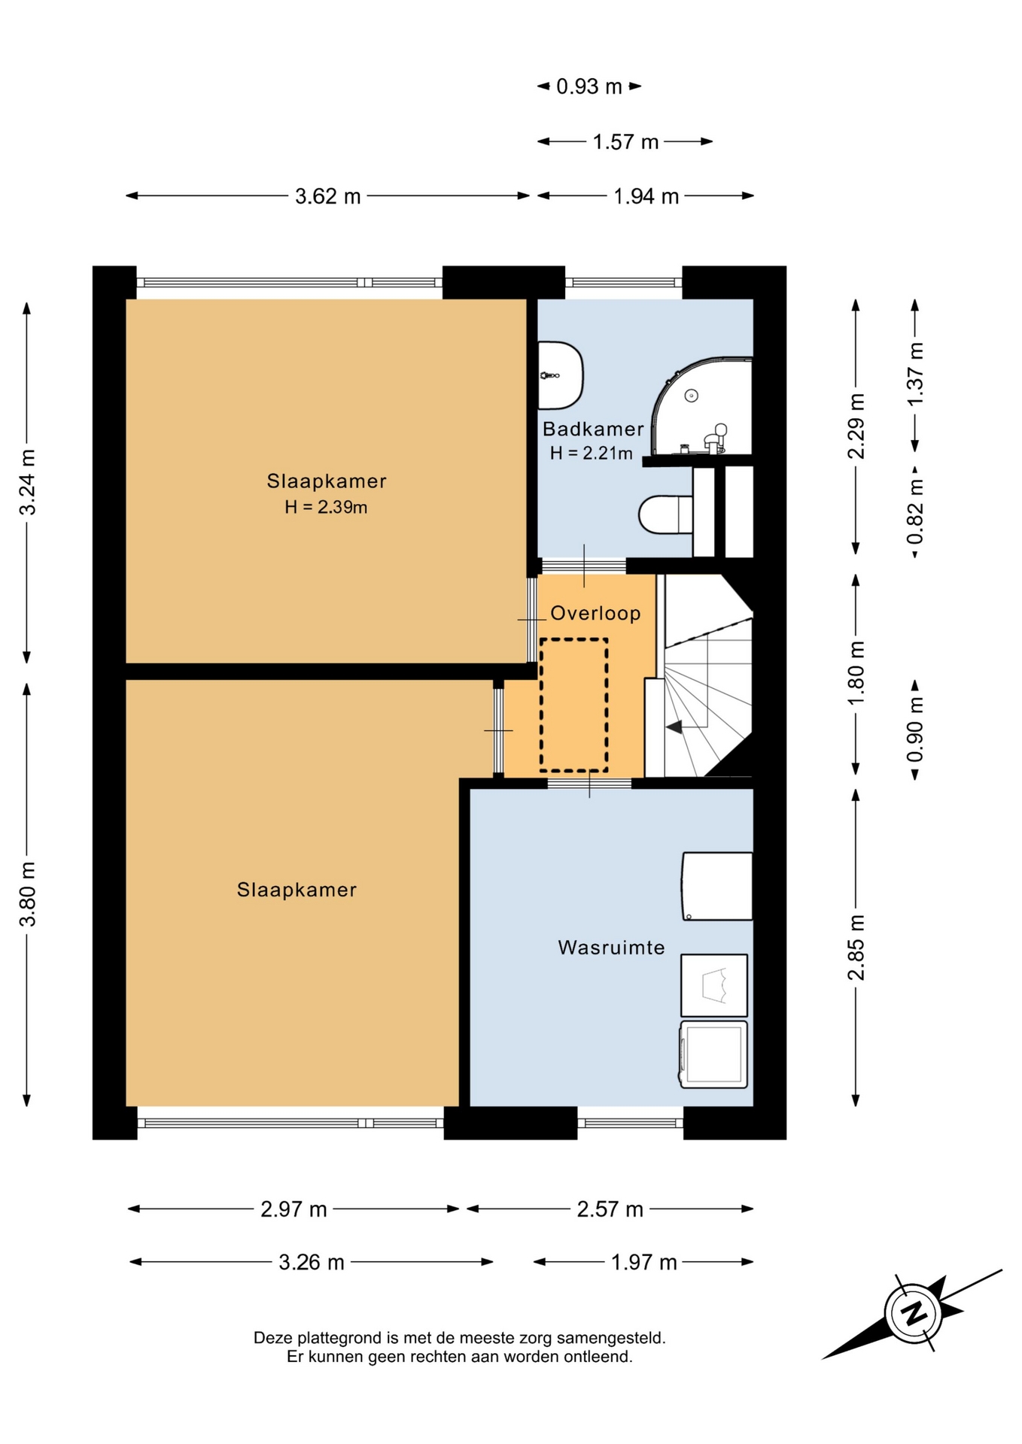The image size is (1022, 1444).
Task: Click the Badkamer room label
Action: pos(593,429)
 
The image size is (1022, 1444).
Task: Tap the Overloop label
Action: pos(595,614)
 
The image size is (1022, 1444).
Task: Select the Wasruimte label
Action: pos(611,948)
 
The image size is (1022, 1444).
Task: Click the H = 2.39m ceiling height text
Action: pos(326,508)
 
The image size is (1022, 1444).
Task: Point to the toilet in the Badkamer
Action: pos(666,515)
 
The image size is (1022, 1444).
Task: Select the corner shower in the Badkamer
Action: pos(702,406)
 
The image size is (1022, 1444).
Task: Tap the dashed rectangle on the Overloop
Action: pos(573,705)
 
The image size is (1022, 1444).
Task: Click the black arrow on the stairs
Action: pos(674,727)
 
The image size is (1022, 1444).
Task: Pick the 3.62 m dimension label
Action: pos(327,197)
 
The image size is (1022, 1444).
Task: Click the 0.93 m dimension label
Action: pos(589,87)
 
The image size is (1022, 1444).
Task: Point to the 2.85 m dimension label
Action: pos(856,948)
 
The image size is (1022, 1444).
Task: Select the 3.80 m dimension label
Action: pos(28,895)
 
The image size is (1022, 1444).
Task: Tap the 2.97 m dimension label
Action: pos(294,1209)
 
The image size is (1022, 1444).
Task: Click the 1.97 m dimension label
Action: pos(643,1262)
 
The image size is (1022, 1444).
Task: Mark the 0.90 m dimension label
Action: pos(915,730)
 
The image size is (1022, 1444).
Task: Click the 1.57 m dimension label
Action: pos(625,142)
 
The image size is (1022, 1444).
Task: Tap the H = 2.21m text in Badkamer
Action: pos(591,454)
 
